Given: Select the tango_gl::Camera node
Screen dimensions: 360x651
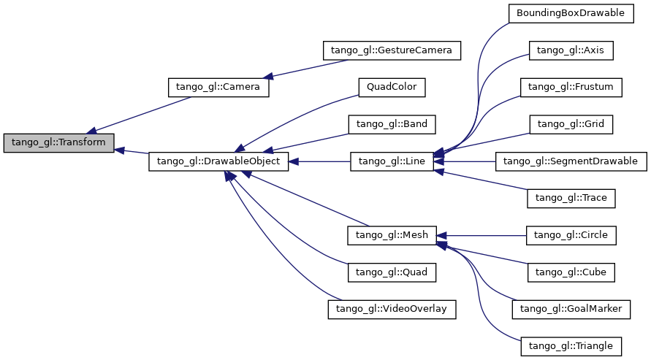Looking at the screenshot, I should pyautogui.click(x=218, y=87).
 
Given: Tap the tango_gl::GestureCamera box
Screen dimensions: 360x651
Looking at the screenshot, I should pyautogui.click(x=392, y=50).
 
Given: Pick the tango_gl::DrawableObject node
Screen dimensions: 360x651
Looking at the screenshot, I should pyautogui.click(x=218, y=161).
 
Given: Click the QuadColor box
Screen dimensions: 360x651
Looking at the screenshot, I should pyautogui.click(x=392, y=87).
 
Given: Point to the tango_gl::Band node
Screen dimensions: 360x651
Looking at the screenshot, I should pyautogui.click(x=392, y=124).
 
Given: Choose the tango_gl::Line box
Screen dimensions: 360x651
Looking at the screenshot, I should pyautogui.click(x=392, y=161).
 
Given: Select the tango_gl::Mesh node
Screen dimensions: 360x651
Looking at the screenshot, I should pyautogui.click(x=392, y=234).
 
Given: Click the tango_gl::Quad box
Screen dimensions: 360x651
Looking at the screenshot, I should pyautogui.click(x=392, y=272).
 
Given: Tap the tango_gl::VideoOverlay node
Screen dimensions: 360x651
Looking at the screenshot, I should pyautogui.click(x=392, y=309).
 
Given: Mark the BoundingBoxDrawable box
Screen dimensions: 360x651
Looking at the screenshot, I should pyautogui.click(x=571, y=13).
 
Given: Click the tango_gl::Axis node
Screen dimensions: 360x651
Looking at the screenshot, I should pyautogui.click(x=571, y=50).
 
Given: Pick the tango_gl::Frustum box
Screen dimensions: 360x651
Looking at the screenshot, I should pyautogui.click(x=571, y=87).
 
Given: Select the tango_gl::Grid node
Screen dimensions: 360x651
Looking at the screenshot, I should pyautogui.click(x=571, y=124).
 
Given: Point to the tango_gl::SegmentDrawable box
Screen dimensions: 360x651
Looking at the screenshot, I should pyautogui.click(x=571, y=161).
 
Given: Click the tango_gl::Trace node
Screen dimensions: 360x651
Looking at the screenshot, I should pyautogui.click(x=571, y=198).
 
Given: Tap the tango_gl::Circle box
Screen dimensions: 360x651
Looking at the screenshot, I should pyautogui.click(x=571, y=234).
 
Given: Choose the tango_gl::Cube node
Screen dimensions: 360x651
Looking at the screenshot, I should pyautogui.click(x=571, y=272).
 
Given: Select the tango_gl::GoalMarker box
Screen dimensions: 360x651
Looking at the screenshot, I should pyautogui.click(x=571, y=309).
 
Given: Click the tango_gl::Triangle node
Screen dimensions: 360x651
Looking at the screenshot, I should pyautogui.click(x=571, y=345).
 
